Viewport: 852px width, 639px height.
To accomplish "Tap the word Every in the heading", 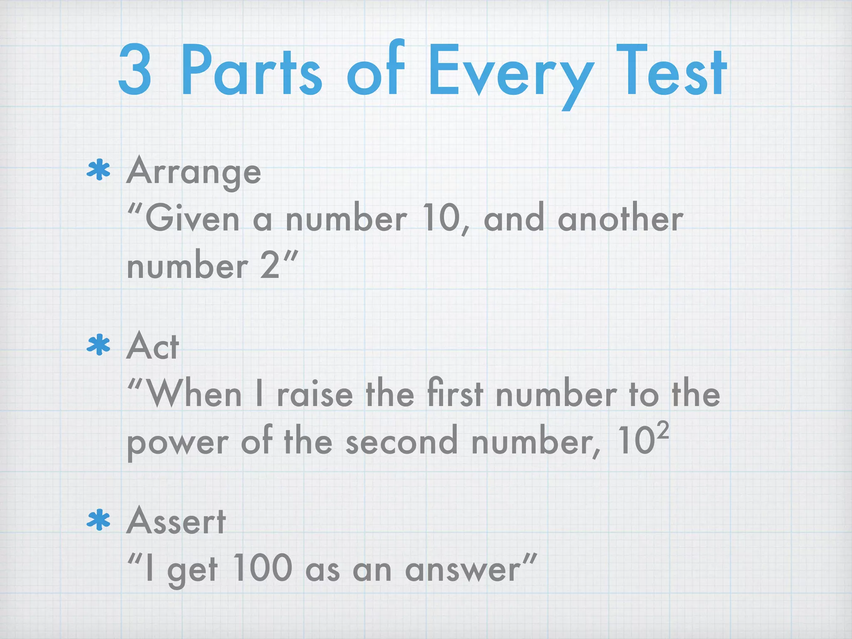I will pos(510,75).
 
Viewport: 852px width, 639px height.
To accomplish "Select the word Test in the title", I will pos(671,72).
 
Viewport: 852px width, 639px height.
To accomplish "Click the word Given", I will pos(192,219).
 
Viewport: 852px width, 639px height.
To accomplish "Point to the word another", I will pos(620,219).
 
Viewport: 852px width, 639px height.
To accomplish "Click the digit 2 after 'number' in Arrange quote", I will pos(270,266).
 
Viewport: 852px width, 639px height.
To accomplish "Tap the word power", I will pos(177,443).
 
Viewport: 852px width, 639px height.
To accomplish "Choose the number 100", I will pos(263,568).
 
